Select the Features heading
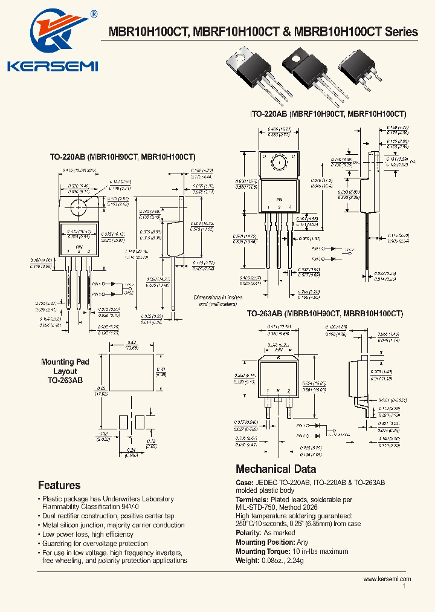[x=59, y=485]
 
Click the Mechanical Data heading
[x=275, y=469]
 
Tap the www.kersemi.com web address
[x=387, y=579]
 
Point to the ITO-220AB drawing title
[x=327, y=114]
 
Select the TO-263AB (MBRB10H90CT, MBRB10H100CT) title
[x=324, y=314]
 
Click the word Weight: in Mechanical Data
[x=248, y=560]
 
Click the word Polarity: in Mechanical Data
[x=249, y=533]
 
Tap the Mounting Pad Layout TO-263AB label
[x=65, y=371]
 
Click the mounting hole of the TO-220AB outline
[x=79, y=206]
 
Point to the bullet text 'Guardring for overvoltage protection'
[x=95, y=544]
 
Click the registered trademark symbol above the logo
[x=94, y=13]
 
